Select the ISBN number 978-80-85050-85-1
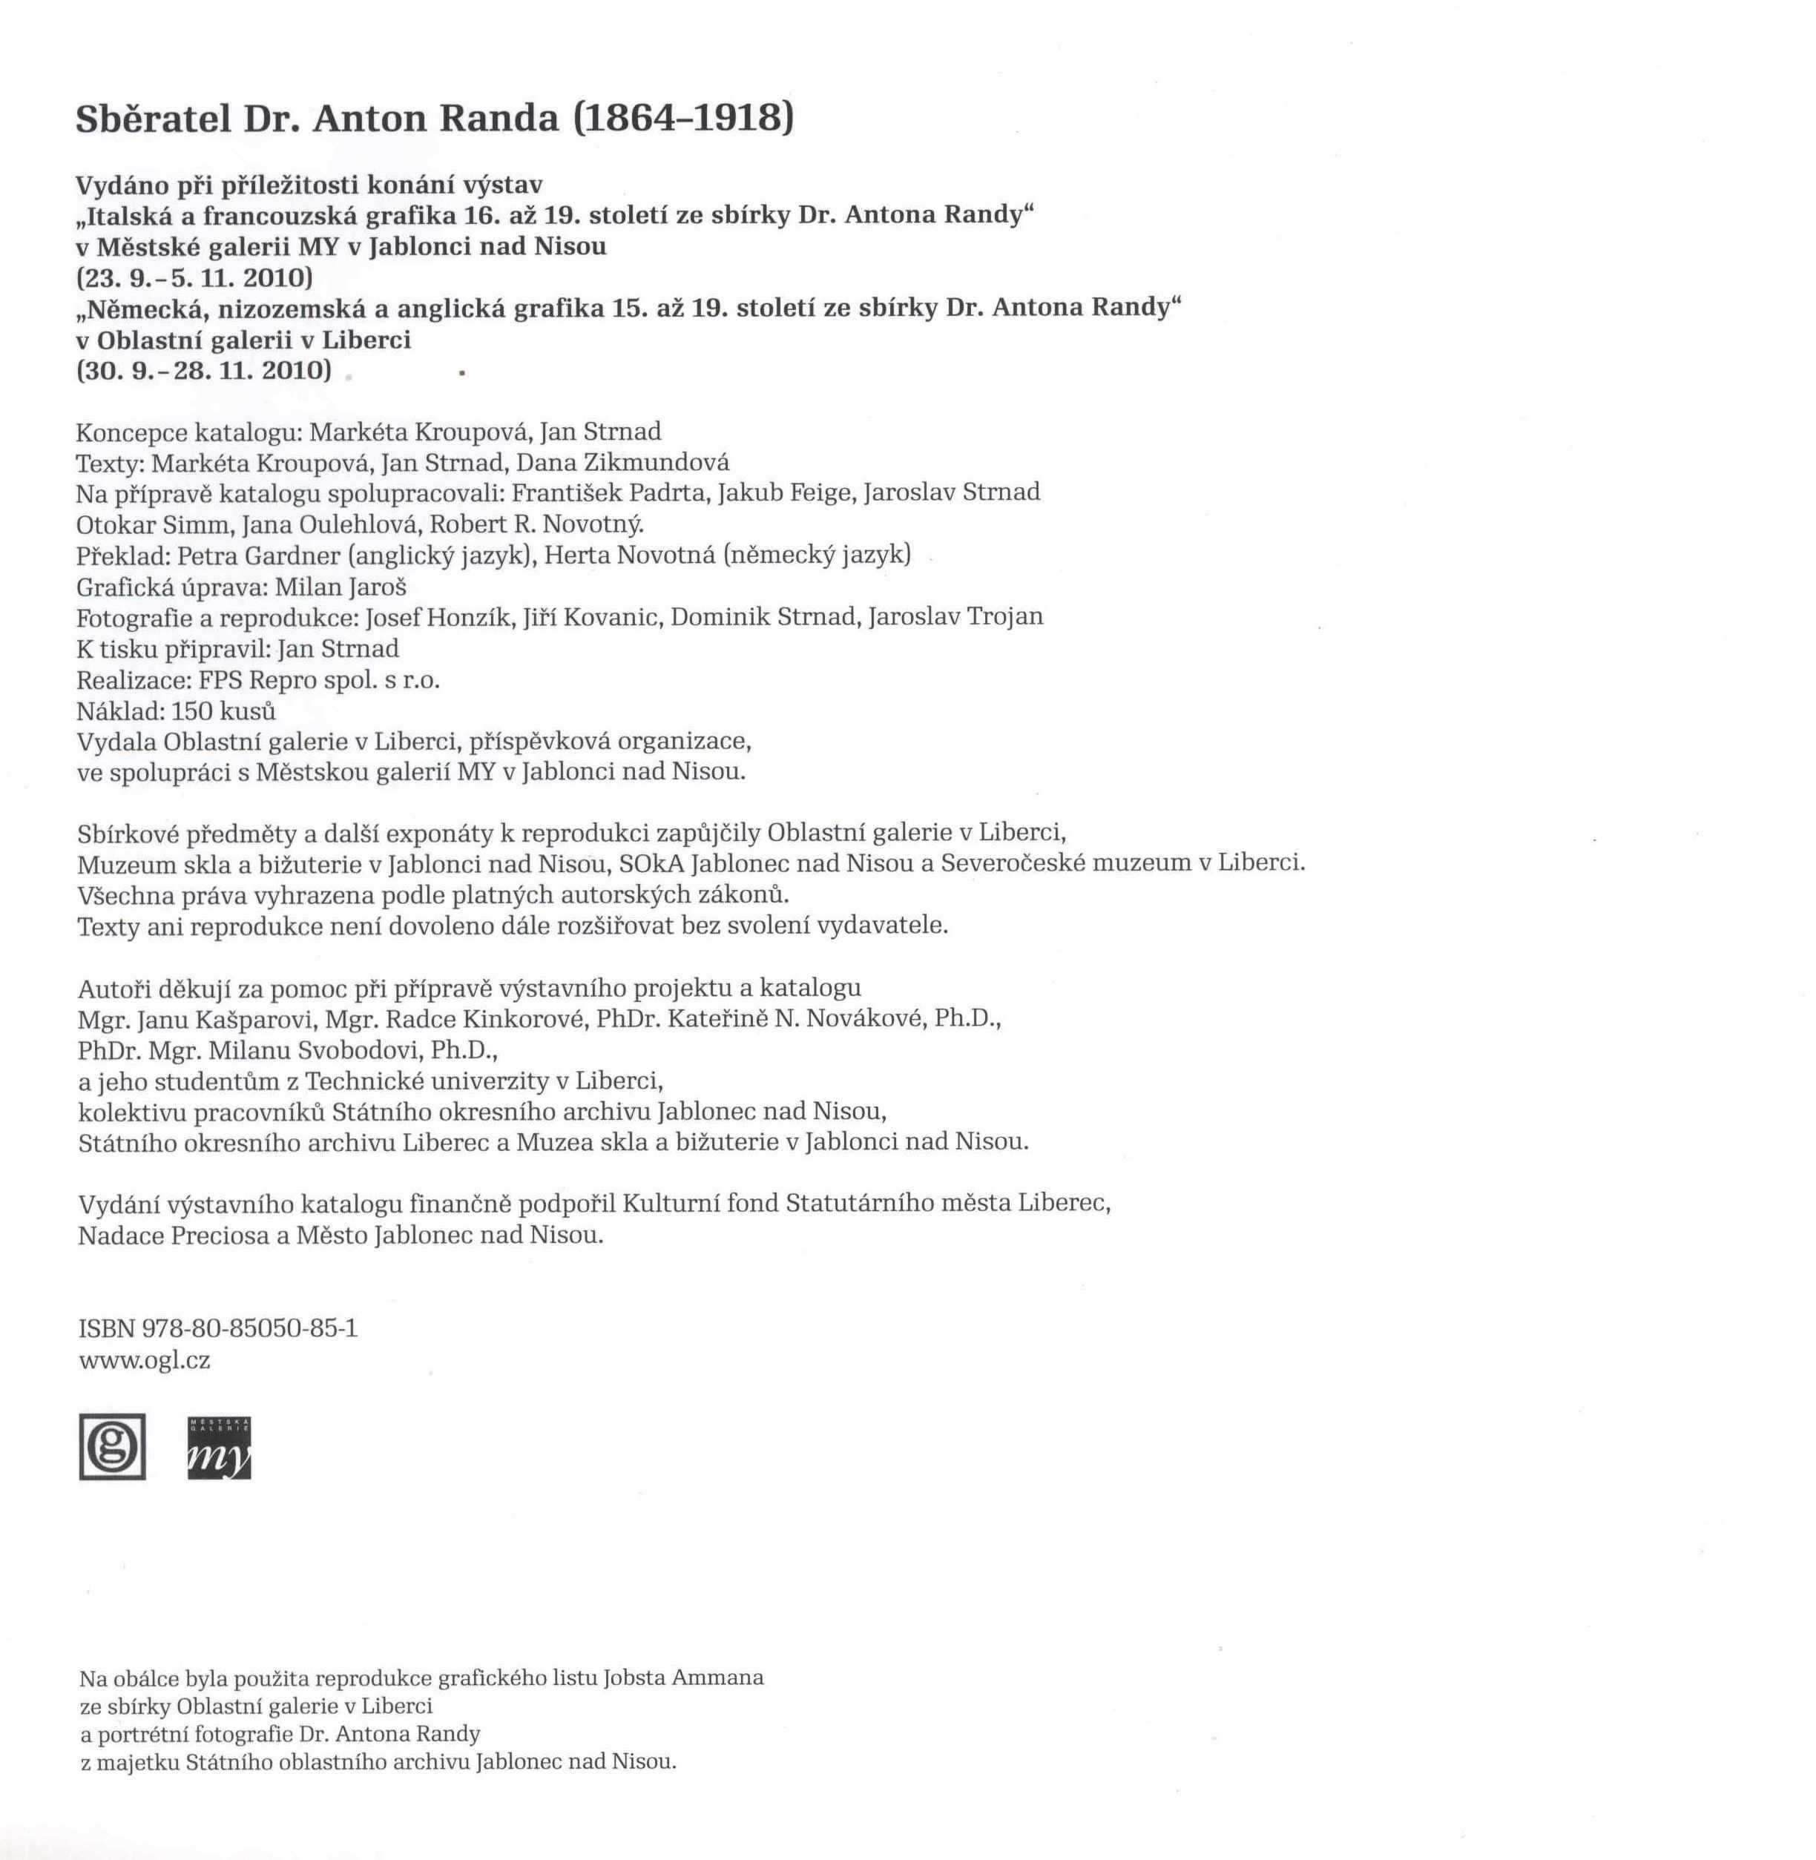click(x=249, y=1328)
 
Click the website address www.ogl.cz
click(x=145, y=1360)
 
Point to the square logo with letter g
click(x=113, y=1446)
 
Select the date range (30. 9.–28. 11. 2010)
click(x=204, y=370)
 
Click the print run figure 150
click(x=191, y=710)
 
